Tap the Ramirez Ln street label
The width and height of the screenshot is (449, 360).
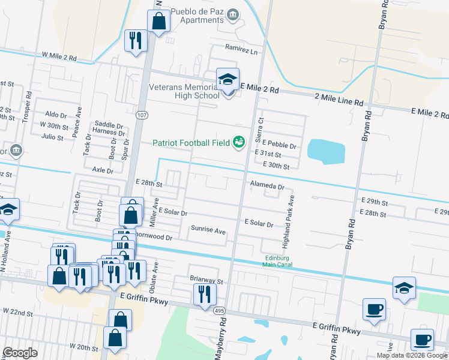(x=241, y=50)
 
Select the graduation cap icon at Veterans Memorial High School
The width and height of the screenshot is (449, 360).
(x=228, y=80)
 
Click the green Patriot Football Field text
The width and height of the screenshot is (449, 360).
(x=191, y=143)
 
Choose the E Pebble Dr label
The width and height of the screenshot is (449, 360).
(x=277, y=146)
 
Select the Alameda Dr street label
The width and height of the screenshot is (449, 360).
(x=267, y=187)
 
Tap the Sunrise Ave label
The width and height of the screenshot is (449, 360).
(x=208, y=230)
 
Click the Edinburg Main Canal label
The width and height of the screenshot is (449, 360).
(x=277, y=262)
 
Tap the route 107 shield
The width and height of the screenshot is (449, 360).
(x=141, y=115)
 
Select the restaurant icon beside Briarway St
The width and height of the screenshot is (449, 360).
(x=204, y=294)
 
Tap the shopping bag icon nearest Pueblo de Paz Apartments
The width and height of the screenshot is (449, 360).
(x=158, y=22)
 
